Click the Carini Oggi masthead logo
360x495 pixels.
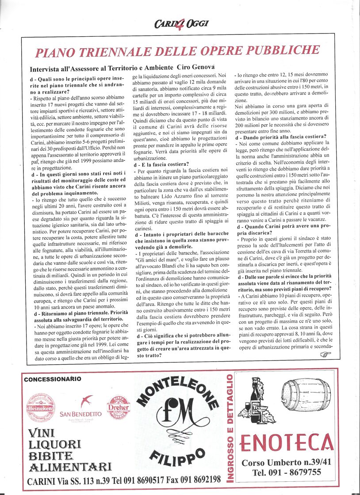point(181,23)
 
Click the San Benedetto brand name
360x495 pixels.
point(80,414)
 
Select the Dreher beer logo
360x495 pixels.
point(119,407)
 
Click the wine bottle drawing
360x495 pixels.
point(256,400)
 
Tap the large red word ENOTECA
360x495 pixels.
point(287,442)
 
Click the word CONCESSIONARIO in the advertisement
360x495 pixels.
point(53,379)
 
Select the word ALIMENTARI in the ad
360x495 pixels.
point(70,466)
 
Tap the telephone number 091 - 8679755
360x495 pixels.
point(286,472)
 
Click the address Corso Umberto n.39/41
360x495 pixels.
point(286,462)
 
